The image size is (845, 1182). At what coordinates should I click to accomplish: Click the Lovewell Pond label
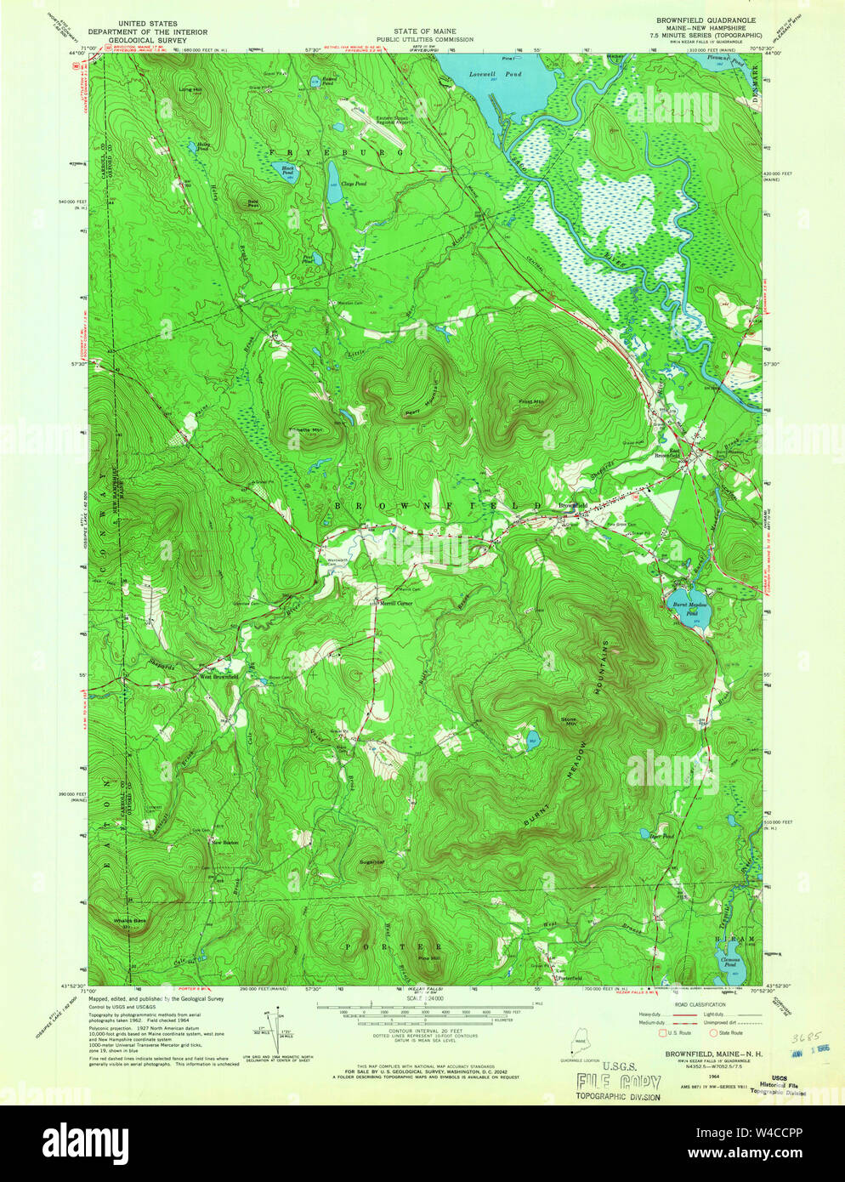(x=496, y=74)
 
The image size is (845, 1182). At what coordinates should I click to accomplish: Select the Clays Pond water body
(x=335, y=182)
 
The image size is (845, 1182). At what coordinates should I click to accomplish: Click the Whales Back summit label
(x=130, y=921)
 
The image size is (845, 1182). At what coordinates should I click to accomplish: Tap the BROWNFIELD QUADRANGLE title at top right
(x=705, y=18)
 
